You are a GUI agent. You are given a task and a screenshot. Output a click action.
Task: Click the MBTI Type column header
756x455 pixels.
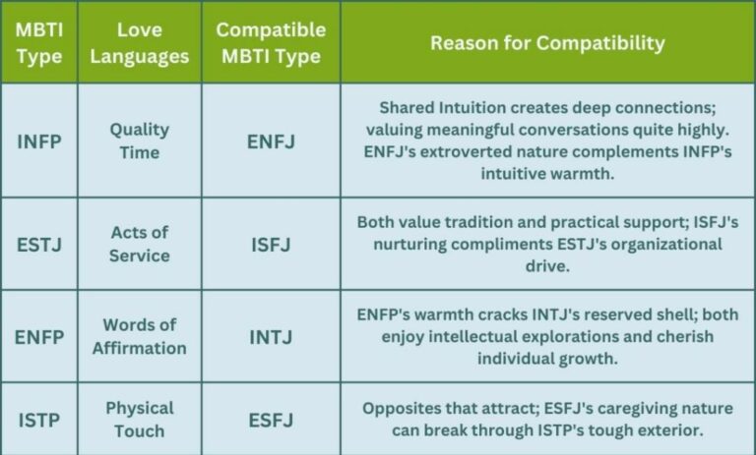click(x=38, y=42)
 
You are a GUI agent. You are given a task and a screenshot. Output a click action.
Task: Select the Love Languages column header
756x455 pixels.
click(x=139, y=42)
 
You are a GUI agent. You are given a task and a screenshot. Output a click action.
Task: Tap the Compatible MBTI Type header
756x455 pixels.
click(x=270, y=42)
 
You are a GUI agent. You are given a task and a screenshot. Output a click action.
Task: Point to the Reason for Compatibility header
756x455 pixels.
click(x=547, y=42)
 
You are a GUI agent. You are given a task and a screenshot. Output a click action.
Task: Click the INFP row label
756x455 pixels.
click(x=38, y=141)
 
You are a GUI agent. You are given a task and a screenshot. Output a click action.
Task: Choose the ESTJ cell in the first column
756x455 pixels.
click(x=38, y=244)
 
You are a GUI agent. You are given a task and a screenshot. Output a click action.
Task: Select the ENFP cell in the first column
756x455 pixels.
click(x=38, y=336)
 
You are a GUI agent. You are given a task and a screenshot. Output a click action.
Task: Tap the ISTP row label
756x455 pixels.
click(x=38, y=419)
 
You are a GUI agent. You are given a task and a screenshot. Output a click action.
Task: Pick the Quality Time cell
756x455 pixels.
click(x=139, y=141)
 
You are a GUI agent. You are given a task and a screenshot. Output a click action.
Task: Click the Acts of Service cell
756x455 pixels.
click(x=139, y=244)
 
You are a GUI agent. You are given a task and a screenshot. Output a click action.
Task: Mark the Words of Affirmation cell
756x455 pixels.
click(x=139, y=336)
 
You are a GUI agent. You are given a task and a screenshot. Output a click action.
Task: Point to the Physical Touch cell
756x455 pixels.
click(x=139, y=419)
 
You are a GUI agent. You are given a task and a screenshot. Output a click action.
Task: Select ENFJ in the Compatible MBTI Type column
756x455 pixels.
click(x=270, y=141)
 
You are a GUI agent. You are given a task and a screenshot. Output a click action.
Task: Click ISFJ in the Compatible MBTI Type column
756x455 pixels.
click(x=270, y=244)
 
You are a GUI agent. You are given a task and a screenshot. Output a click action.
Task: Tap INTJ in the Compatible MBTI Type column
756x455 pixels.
click(x=270, y=336)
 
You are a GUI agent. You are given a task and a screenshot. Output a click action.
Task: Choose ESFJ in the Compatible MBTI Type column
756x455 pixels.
click(x=270, y=419)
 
